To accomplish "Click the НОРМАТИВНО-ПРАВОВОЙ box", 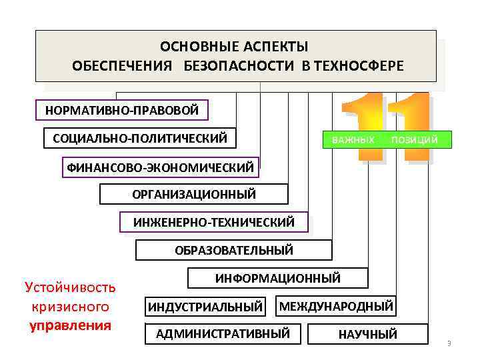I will click(122, 110).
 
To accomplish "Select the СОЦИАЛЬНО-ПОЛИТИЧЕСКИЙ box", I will click(140, 138).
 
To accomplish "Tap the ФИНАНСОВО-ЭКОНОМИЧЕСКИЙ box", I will click(160, 167).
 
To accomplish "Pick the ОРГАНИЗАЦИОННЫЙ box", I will click(194, 194).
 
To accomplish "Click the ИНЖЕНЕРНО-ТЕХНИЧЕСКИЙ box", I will click(213, 222).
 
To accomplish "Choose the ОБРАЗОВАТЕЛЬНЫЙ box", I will click(234, 250).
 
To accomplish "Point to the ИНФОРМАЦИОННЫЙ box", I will click(277, 277).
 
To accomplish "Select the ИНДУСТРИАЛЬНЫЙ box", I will click(205, 307).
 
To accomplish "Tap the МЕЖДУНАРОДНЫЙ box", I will click(336, 306).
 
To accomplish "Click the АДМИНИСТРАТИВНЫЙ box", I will click(223, 333).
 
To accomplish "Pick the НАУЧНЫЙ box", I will click(368, 334).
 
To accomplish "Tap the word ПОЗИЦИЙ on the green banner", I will click(415, 139).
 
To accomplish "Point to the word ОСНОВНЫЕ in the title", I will click(191, 47).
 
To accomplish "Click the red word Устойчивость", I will click(70, 287).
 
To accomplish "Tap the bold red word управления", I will click(70, 326).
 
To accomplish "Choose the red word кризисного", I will click(70, 307).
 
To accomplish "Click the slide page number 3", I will click(449, 344).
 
